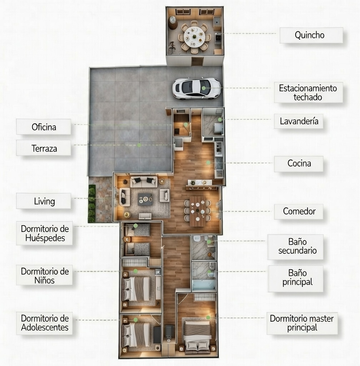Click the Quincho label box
[311, 35]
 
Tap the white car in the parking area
[196, 88]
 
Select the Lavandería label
[299, 121]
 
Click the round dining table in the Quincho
[194, 37]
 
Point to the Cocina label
[299, 164]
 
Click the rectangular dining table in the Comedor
[197, 211]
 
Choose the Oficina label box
[44, 127]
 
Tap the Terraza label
[44, 148]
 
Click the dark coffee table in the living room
[145, 199]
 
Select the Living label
[44, 201]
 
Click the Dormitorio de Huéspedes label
[44, 233]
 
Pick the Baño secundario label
[295, 247]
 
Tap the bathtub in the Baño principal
[204, 285]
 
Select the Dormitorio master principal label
[302, 323]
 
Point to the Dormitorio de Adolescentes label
[44, 323]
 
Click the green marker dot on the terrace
[139, 145]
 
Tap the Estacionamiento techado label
[308, 92]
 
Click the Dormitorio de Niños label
[44, 275]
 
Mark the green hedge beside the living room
[92, 204]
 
